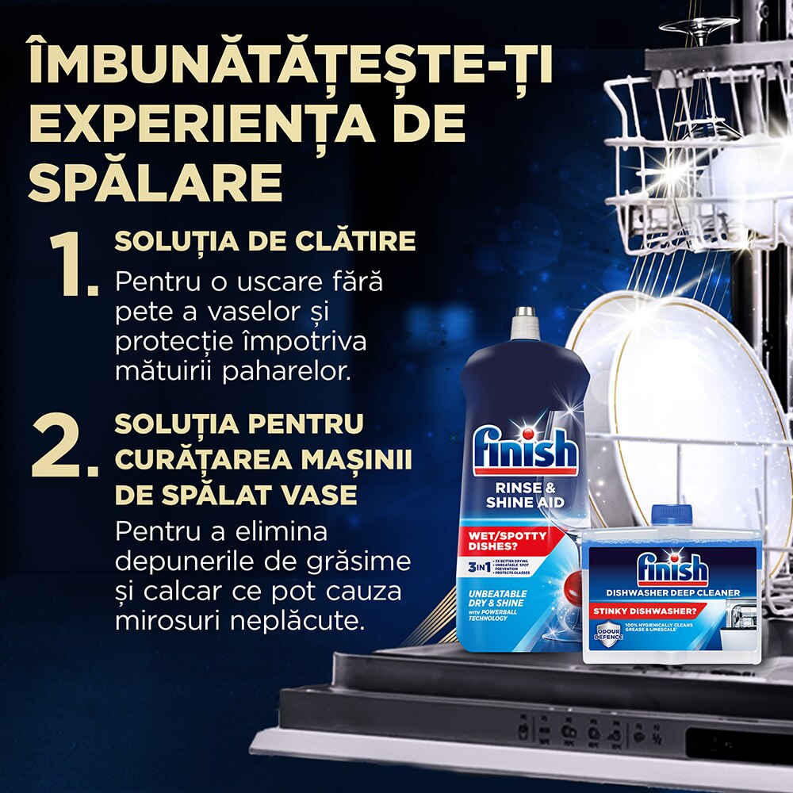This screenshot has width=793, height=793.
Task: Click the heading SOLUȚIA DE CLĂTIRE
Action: [x=265, y=241]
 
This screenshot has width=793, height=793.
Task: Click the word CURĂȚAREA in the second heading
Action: [x=204, y=460]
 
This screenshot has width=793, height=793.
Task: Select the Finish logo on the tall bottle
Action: [x=524, y=453]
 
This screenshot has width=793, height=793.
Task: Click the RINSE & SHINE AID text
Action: [x=525, y=496]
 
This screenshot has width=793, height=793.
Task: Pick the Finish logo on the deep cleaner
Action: [x=672, y=570]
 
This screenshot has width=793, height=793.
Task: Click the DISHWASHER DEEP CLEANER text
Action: [x=672, y=592]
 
